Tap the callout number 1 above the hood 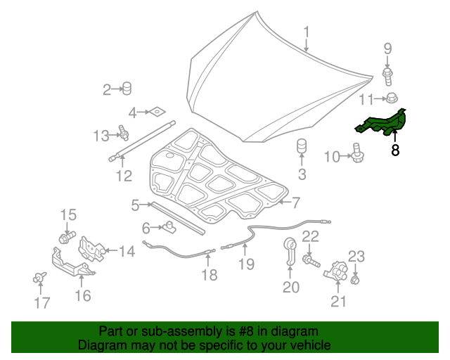[307, 32]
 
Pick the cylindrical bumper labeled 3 [302, 150]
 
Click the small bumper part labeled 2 [127, 88]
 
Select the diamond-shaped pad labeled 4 [155, 111]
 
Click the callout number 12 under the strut [124, 176]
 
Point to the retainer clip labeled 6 [169, 226]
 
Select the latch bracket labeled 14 [92, 247]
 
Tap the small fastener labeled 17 [39, 278]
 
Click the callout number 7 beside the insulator [296, 203]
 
